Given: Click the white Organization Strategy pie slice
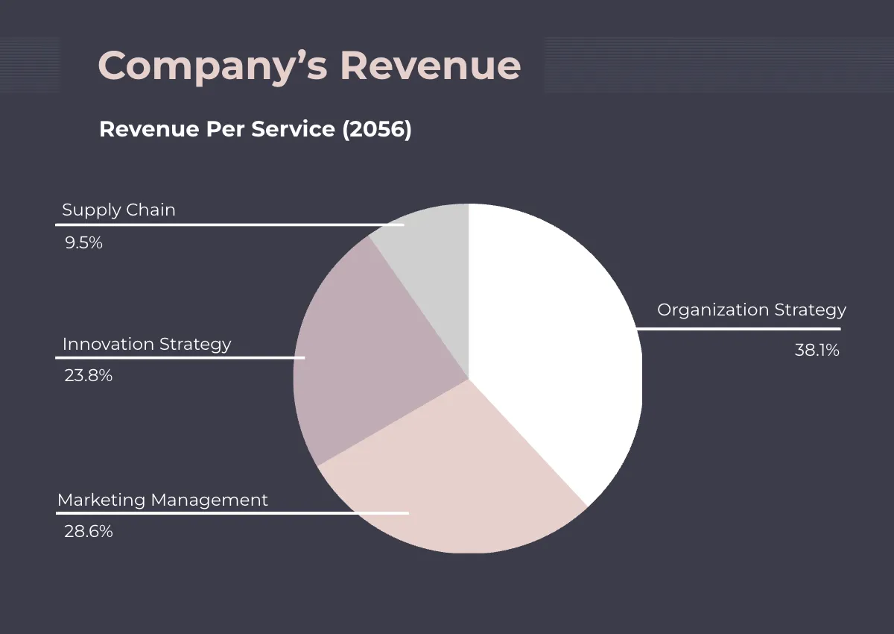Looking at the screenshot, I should pyautogui.click(x=551, y=336).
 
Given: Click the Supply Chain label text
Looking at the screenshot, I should pyautogui.click(x=118, y=210).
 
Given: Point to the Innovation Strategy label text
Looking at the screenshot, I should pyautogui.click(x=147, y=345).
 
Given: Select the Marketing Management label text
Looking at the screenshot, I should pyautogui.click(x=162, y=500).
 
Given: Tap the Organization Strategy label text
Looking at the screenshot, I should pyautogui.click(x=751, y=310).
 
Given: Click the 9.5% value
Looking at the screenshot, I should pyautogui.click(x=83, y=243).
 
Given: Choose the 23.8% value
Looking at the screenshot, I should pyautogui.click(x=88, y=376).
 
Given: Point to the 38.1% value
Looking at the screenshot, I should pyautogui.click(x=817, y=351).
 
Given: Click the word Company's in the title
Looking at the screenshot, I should pyautogui.click(x=212, y=66).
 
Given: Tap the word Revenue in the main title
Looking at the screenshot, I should pyautogui.click(x=431, y=66).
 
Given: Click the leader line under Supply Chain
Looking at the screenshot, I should pyautogui.click(x=231, y=225).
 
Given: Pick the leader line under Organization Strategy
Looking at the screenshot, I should pyautogui.click(x=738, y=328).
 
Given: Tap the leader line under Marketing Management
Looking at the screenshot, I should pyautogui.click(x=232, y=513).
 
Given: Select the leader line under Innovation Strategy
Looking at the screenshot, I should pyautogui.click(x=181, y=357).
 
